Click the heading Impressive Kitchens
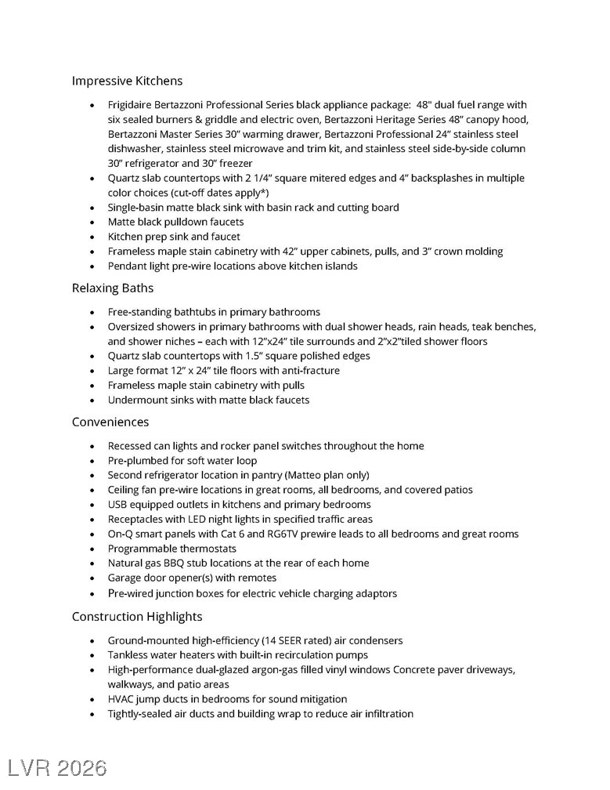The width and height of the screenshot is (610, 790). (127, 81)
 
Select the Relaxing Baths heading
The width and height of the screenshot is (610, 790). (113, 288)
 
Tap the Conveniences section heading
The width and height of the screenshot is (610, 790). (110, 422)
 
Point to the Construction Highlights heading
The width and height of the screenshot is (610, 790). (137, 617)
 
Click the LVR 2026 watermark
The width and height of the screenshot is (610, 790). (57, 767)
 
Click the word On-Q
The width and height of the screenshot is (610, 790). (121, 535)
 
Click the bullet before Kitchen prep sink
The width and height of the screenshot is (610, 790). (93, 237)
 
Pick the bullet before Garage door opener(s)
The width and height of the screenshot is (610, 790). (93, 578)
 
